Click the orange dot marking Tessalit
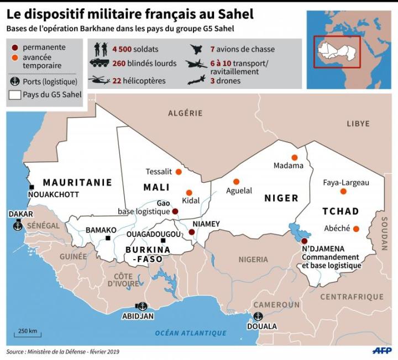[x=179, y=172]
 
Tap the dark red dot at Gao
[x=175, y=211]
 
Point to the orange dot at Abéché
[x=356, y=229]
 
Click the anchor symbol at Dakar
[x=17, y=226]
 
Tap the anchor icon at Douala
[x=258, y=316]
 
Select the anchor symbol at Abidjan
[x=142, y=306]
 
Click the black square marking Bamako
[x=108, y=239]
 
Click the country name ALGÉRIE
[x=185, y=113]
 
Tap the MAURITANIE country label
[x=77, y=182]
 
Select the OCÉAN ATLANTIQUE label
[x=191, y=333]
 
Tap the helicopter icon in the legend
[x=99, y=80]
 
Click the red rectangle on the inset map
[x=337, y=51]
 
